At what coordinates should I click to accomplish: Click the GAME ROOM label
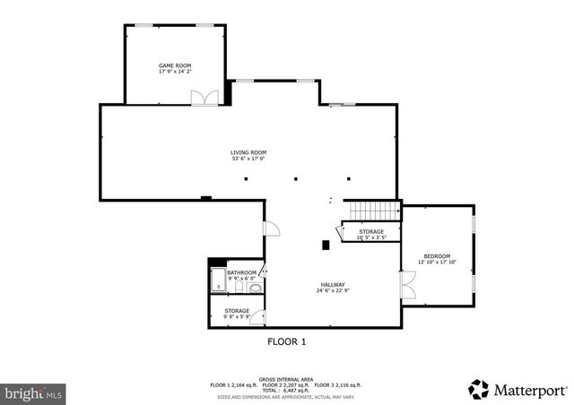coord(176,65)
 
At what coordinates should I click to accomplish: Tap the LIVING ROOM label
coord(248,152)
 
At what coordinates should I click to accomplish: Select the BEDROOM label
coord(437,256)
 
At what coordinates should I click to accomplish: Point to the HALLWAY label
coord(331,284)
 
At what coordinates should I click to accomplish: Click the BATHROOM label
coord(241,272)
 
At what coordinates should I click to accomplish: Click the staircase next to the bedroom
coord(372,211)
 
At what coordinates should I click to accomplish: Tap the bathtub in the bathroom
coord(217,280)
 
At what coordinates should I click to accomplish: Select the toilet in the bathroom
coord(256,289)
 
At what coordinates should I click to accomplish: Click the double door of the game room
coord(204,98)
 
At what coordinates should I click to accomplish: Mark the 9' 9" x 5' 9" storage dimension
coord(237,317)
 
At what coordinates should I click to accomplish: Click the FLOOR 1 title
coord(286,341)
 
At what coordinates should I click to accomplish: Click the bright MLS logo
coord(33,392)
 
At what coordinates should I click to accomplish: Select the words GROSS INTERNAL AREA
coord(286,379)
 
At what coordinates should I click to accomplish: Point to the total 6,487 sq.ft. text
coord(286,390)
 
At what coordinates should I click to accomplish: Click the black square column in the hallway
coord(326,244)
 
